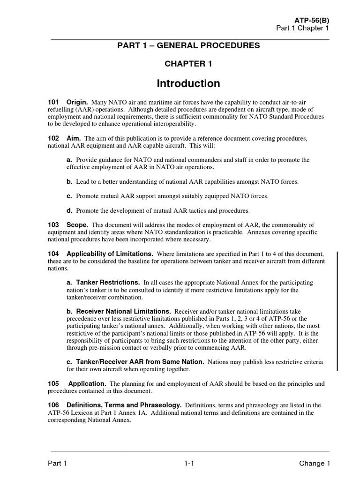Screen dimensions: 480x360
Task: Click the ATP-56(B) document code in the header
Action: (312, 20)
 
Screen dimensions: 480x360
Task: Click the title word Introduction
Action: (188, 83)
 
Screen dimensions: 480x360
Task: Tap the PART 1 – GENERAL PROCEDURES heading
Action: (188, 45)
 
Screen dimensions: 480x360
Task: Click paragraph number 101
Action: (53, 102)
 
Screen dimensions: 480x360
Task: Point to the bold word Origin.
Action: (77, 102)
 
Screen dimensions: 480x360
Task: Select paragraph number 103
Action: (53, 225)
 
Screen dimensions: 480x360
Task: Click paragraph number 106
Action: (53, 405)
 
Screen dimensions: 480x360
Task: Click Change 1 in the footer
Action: (315, 464)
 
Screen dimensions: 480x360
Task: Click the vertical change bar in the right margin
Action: (337, 311)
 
